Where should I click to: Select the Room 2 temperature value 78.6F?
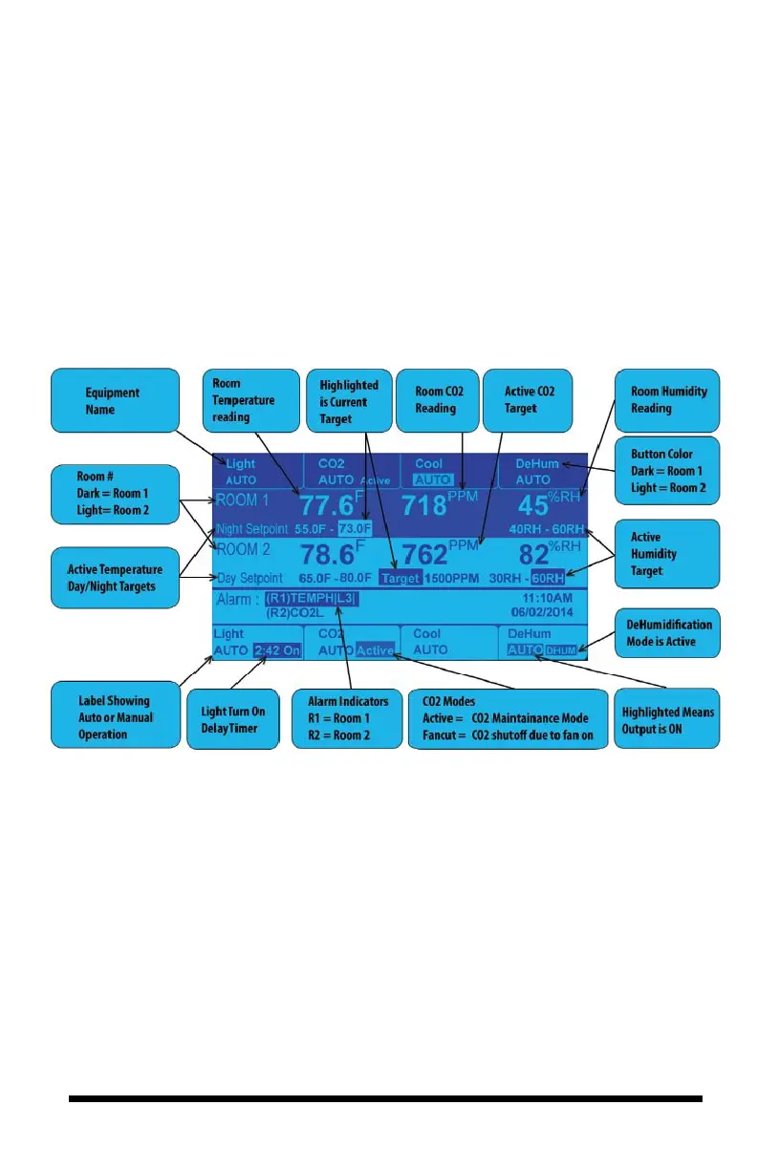point(333,554)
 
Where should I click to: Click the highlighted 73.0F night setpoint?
point(355,528)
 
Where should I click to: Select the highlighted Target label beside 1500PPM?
point(400,578)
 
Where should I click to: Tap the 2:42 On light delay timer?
point(277,650)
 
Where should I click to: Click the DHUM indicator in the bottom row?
point(563,650)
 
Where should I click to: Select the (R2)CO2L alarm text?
point(296,616)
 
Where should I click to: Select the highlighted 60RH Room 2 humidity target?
point(549,578)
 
